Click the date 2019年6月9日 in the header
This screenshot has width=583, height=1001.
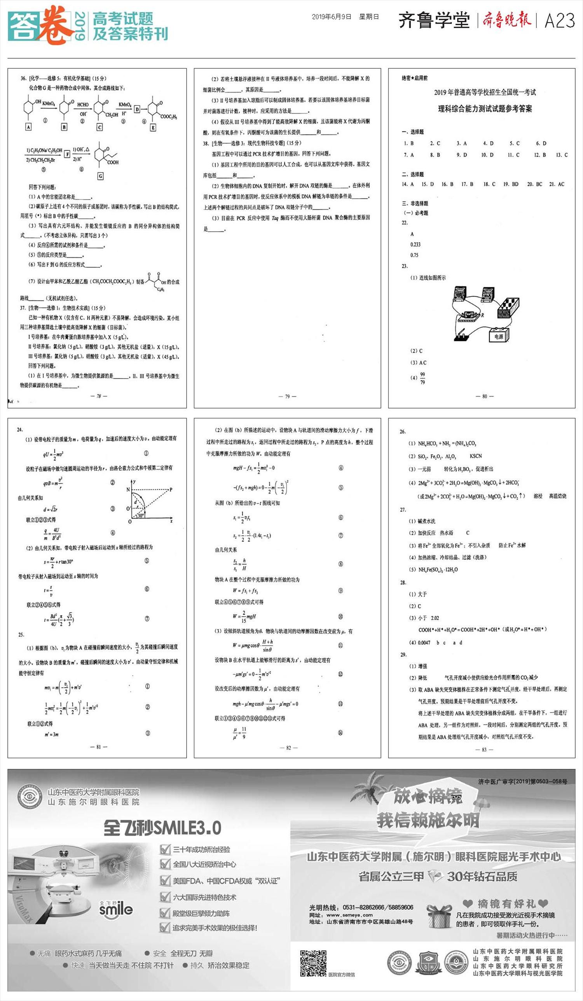331,17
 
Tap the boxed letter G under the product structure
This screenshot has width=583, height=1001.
101,176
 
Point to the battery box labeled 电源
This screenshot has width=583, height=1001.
498,336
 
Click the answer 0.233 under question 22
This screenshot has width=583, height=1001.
415,245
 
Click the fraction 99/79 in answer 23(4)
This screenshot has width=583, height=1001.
422,378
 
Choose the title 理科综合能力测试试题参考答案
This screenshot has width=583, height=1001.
485,109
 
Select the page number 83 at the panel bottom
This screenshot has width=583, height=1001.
484,749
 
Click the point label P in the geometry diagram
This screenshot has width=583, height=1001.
171,490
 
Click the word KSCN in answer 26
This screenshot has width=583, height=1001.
475,456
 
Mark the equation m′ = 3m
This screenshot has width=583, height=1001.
51,734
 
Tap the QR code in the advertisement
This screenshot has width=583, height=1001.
313,963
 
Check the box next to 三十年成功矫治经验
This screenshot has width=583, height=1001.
165,850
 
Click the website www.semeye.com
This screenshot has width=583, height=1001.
349,915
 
